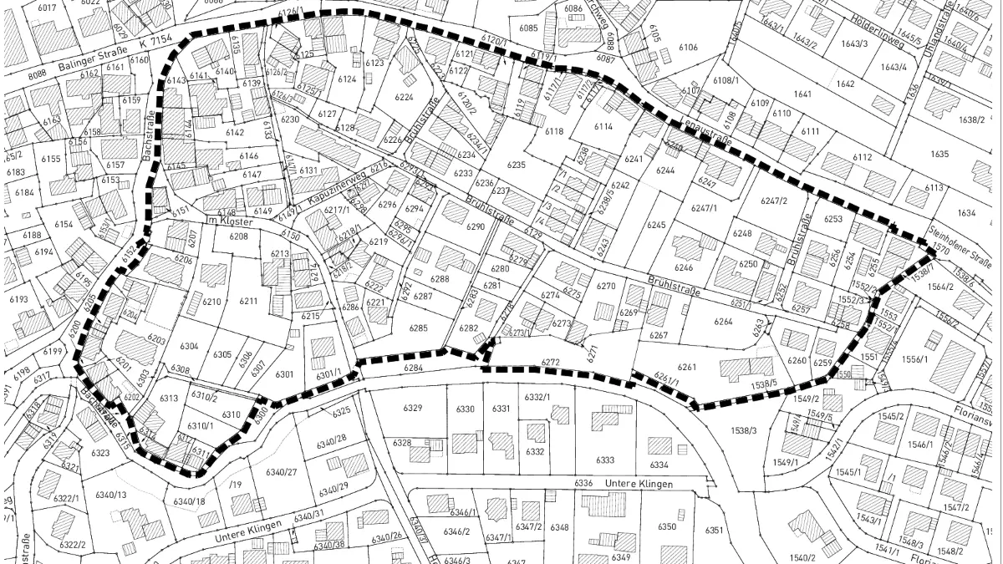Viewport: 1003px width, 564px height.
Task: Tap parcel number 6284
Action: pyautogui.click(x=413, y=367)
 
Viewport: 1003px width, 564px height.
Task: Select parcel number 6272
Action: pyautogui.click(x=550, y=362)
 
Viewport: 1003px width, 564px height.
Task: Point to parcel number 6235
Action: pyautogui.click(x=516, y=165)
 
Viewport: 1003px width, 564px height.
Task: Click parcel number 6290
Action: pyautogui.click(x=476, y=226)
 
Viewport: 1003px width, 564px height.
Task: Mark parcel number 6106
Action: pyautogui.click(x=687, y=48)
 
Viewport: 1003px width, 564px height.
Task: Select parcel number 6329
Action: pyautogui.click(x=413, y=408)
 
